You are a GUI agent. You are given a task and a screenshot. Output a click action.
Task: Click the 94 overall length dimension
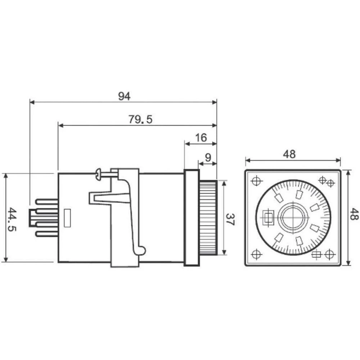124,96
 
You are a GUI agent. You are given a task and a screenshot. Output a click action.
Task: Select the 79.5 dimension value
140,120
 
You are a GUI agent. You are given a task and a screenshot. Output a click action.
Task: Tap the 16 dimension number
201,138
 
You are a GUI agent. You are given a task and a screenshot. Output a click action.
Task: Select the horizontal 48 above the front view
289,154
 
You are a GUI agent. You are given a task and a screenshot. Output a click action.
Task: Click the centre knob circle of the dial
293,218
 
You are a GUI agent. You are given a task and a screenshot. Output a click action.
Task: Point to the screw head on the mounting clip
99,175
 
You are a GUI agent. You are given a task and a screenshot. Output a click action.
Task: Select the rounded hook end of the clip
142,249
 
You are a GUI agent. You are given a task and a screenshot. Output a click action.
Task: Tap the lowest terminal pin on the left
47,234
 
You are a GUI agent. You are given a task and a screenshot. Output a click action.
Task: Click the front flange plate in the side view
192,218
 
